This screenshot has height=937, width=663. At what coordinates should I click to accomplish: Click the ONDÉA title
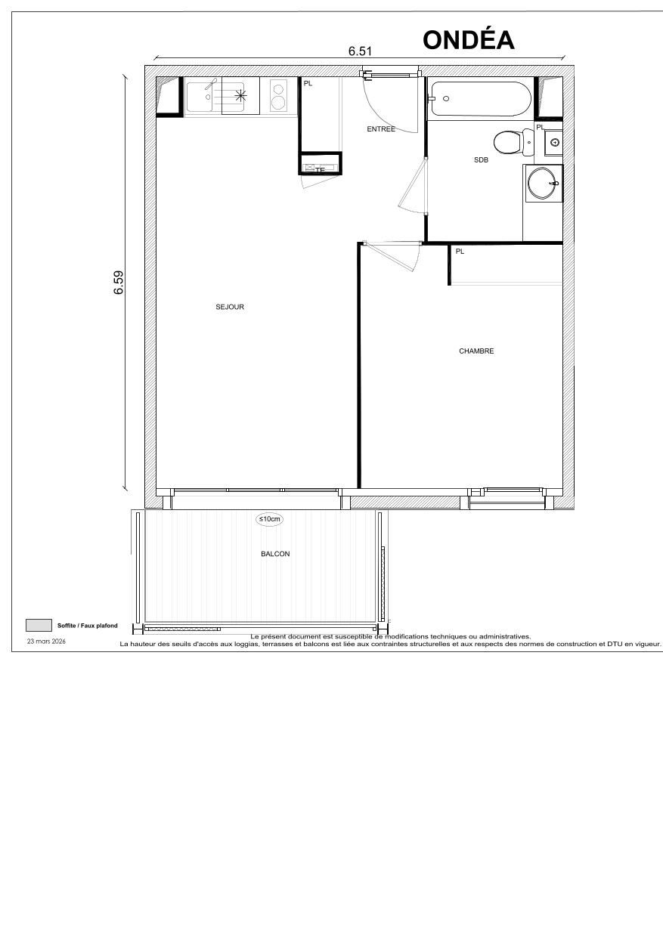pyautogui.click(x=469, y=39)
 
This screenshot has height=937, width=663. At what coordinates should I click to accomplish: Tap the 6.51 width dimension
pyautogui.click(x=360, y=51)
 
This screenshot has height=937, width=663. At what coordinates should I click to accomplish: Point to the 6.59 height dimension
pyautogui.click(x=119, y=283)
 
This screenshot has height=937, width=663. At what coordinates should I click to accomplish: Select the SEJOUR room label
pyautogui.click(x=230, y=307)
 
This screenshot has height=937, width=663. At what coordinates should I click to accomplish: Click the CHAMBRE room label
pyautogui.click(x=476, y=351)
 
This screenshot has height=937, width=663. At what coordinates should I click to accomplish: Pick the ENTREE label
pyautogui.click(x=381, y=129)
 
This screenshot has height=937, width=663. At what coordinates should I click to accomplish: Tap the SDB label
pyautogui.click(x=481, y=159)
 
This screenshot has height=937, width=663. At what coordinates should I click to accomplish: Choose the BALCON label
pyautogui.click(x=275, y=554)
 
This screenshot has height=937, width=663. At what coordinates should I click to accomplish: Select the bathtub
pyautogui.click(x=480, y=99)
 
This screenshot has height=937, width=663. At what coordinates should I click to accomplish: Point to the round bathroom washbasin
pyautogui.click(x=543, y=183)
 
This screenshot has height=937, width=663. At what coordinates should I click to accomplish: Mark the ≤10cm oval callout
pyautogui.click(x=270, y=519)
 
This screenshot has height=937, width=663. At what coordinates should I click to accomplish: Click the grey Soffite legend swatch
pyautogui.click(x=38, y=625)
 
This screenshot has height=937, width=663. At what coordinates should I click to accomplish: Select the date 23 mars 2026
pyautogui.click(x=46, y=641)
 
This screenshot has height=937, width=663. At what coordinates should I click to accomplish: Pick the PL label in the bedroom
pyautogui.click(x=460, y=252)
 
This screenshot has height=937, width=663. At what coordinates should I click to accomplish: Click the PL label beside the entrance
pyautogui.click(x=308, y=83)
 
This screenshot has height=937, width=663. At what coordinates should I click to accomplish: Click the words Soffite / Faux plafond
pyautogui.click(x=88, y=626)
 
